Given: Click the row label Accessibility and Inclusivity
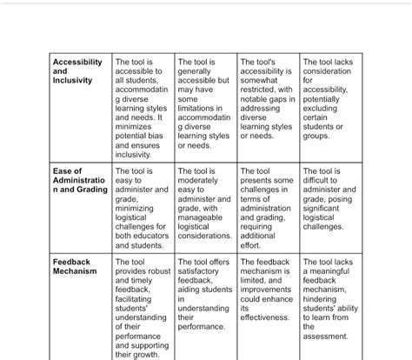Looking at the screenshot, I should [77, 72].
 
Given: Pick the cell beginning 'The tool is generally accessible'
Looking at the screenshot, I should [204, 103].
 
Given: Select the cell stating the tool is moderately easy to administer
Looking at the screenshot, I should [204, 203].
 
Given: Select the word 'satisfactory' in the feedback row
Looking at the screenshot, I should [203, 271].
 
